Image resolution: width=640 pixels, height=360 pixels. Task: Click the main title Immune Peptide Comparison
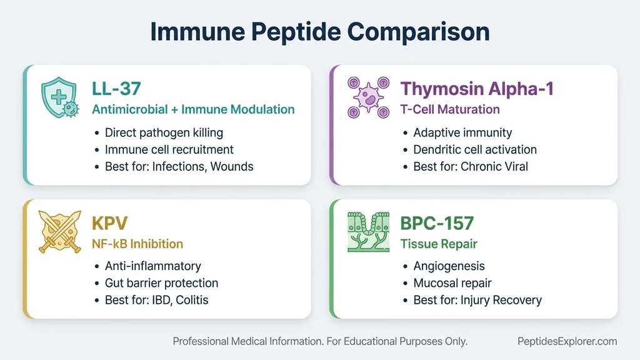(319, 32)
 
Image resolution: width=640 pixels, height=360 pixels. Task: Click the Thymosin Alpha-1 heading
(477, 88)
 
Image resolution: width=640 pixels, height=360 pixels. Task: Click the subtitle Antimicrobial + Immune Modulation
(193, 109)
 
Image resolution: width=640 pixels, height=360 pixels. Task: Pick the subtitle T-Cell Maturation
(450, 109)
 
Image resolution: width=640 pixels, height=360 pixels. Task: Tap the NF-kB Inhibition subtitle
(137, 244)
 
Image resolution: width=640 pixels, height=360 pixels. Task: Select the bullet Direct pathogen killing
(164, 132)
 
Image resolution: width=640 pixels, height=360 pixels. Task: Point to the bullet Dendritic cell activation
(475, 149)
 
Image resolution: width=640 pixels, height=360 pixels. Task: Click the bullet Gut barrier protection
(161, 283)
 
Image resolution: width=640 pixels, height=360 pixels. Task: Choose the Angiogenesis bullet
(449, 266)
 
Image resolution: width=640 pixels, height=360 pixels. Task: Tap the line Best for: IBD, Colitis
(156, 300)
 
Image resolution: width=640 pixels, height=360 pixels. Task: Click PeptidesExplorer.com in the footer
(567, 341)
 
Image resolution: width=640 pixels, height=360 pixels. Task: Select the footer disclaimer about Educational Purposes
(320, 341)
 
